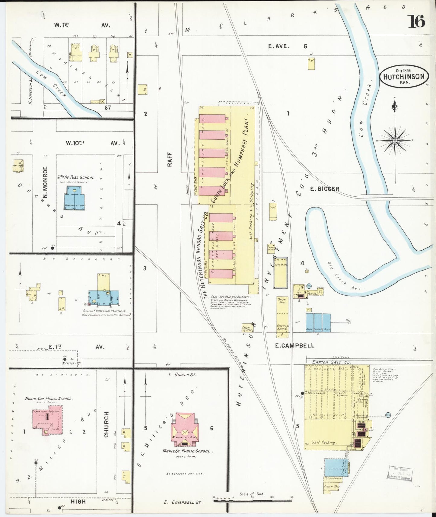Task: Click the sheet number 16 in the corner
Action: coord(416,21)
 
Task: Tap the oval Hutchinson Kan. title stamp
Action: coord(404,77)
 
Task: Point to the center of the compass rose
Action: coord(395,141)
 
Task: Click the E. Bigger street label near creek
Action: coord(325,189)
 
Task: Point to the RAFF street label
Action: coord(170,159)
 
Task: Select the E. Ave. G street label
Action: coord(288,46)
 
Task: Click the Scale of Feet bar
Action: coord(252,501)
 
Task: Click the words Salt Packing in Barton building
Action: coord(323,442)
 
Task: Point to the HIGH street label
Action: coord(78,502)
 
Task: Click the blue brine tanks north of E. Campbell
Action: coord(318,322)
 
